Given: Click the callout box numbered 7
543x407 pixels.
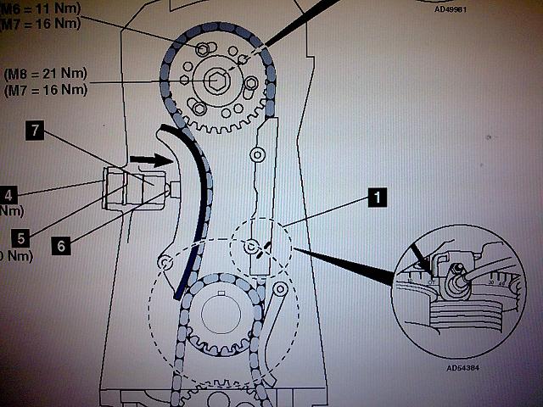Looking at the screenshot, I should click(34, 131).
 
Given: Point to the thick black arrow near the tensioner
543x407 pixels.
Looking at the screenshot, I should click(143, 159).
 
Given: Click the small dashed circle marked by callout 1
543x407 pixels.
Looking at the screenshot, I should click(258, 246).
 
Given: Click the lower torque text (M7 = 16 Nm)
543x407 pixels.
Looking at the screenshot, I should click(46, 89).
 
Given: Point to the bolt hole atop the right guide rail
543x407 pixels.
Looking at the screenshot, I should click(259, 155).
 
